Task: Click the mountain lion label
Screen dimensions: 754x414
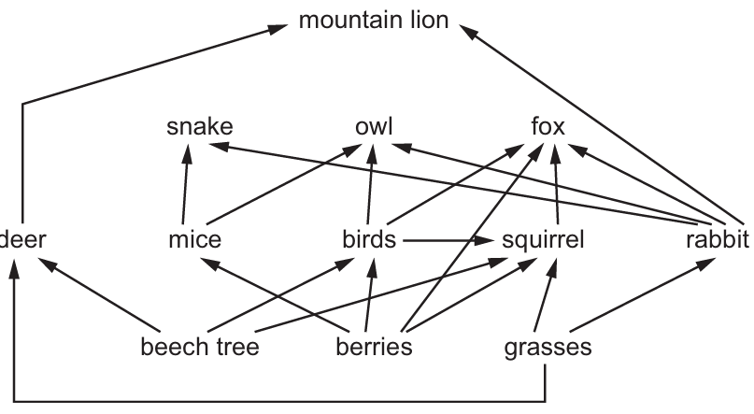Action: tap(374, 21)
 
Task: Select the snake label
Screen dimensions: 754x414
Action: tap(200, 127)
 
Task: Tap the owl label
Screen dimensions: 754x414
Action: tap(374, 127)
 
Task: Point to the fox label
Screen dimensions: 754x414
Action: tap(548, 127)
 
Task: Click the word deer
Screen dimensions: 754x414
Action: tap(22, 239)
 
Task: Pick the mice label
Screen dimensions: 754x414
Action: tap(194, 239)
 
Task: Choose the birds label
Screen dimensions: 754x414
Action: tap(369, 239)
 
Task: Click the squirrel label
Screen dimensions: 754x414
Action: tap(543, 240)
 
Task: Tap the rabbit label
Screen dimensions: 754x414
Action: tap(718, 239)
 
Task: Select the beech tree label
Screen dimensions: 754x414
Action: tap(200, 347)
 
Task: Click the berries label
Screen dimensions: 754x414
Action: tap(374, 347)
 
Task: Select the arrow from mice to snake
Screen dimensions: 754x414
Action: tap(186, 184)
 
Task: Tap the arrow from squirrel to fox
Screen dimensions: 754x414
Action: tap(557, 184)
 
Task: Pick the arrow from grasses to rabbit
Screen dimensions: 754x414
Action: tap(642, 294)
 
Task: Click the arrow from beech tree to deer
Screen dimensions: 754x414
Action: tap(99, 294)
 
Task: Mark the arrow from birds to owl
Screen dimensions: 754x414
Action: tap(370, 184)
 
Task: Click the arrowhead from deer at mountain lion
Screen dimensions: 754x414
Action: tap(277, 28)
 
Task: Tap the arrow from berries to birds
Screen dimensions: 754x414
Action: tap(369, 294)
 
